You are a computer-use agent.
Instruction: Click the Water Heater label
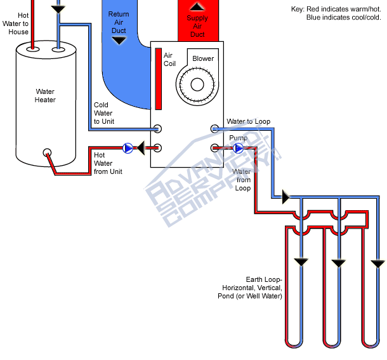(45, 95)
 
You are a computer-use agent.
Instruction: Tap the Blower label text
(203, 58)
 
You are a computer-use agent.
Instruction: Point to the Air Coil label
(168, 59)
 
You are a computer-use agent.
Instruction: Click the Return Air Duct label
(119, 22)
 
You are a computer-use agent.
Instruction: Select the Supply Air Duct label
(197, 26)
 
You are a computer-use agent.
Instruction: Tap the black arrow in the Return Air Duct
(119, 41)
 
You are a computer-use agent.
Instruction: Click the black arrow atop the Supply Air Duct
(198, 7)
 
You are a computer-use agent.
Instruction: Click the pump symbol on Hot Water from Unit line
(129, 148)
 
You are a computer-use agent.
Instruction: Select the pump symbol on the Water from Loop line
(238, 148)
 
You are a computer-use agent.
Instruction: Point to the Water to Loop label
(249, 121)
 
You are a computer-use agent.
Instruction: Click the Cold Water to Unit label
(103, 113)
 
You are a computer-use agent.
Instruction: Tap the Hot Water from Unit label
(108, 163)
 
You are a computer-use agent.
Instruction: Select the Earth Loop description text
(263, 288)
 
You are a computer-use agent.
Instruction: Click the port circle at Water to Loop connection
(214, 129)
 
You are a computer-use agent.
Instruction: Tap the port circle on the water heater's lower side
(46, 152)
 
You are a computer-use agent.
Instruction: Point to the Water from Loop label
(242, 180)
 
